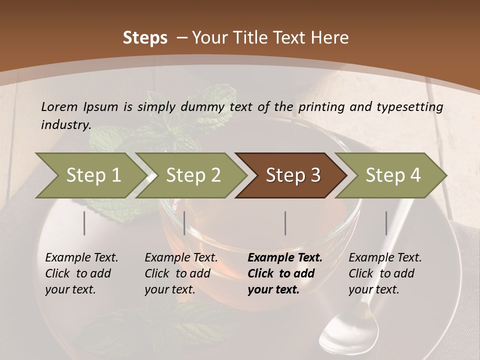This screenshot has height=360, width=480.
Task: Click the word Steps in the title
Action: click(145, 38)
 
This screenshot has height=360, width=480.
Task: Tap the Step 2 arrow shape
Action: click(193, 175)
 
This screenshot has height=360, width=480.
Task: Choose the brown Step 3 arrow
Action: click(292, 175)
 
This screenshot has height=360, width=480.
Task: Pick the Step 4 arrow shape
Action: click(392, 175)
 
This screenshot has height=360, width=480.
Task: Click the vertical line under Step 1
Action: click(84, 223)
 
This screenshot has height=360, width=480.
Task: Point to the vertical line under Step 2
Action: click(184, 223)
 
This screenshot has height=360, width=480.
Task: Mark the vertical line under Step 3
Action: click(285, 223)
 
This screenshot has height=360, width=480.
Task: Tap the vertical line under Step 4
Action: click(386, 223)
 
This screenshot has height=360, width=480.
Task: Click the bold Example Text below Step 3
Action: click(285, 258)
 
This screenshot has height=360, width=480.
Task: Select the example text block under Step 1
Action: click(81, 273)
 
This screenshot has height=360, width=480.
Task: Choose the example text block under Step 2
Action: click(181, 273)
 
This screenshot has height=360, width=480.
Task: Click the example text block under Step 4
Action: click(385, 273)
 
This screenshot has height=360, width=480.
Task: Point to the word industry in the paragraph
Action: click(65, 125)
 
